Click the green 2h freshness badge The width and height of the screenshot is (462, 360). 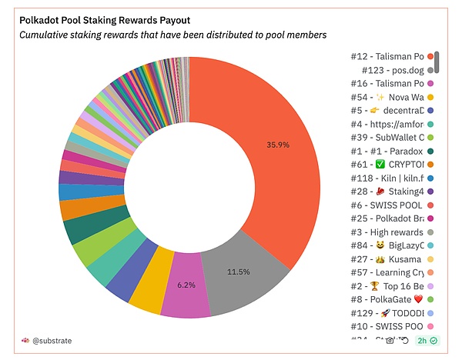[426, 339]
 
